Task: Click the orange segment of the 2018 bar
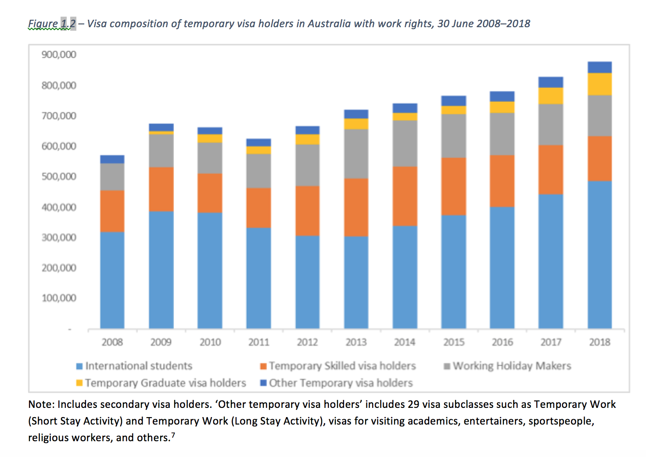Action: click(x=599, y=158)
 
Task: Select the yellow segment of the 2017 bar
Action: click(x=551, y=96)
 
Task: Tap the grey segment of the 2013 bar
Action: click(x=356, y=154)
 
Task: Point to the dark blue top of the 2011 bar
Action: click(x=258, y=143)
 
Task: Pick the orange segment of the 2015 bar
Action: click(x=453, y=186)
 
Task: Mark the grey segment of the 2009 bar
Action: click(x=161, y=150)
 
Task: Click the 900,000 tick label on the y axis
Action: click(x=59, y=55)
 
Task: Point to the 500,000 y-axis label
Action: click(x=59, y=176)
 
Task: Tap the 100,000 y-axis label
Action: click(x=59, y=298)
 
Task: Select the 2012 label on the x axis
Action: click(x=307, y=342)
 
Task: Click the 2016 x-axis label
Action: click(x=502, y=342)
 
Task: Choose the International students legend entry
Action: click(x=138, y=366)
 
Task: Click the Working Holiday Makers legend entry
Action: click(x=512, y=366)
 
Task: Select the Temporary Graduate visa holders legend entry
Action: click(x=165, y=383)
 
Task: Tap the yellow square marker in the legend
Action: click(x=79, y=383)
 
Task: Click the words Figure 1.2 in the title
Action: click(x=52, y=24)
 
